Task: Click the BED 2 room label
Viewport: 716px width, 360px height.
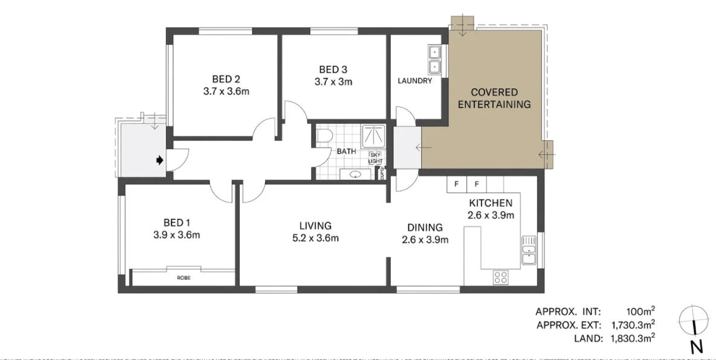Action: (226, 79)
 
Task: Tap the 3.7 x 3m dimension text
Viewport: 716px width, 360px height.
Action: (333, 81)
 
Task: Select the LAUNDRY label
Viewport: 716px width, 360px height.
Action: (414, 81)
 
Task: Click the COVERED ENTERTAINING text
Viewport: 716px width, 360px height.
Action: (494, 98)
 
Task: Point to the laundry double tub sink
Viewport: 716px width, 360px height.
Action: (435, 59)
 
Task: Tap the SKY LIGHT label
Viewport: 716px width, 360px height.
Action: (375, 158)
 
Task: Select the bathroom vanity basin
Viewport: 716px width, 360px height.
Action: (355, 175)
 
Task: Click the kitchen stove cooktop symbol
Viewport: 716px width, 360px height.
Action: (501, 277)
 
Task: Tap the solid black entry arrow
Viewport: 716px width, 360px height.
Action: (159, 160)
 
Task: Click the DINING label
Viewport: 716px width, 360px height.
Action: (425, 228)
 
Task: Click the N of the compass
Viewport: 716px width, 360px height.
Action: (696, 347)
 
